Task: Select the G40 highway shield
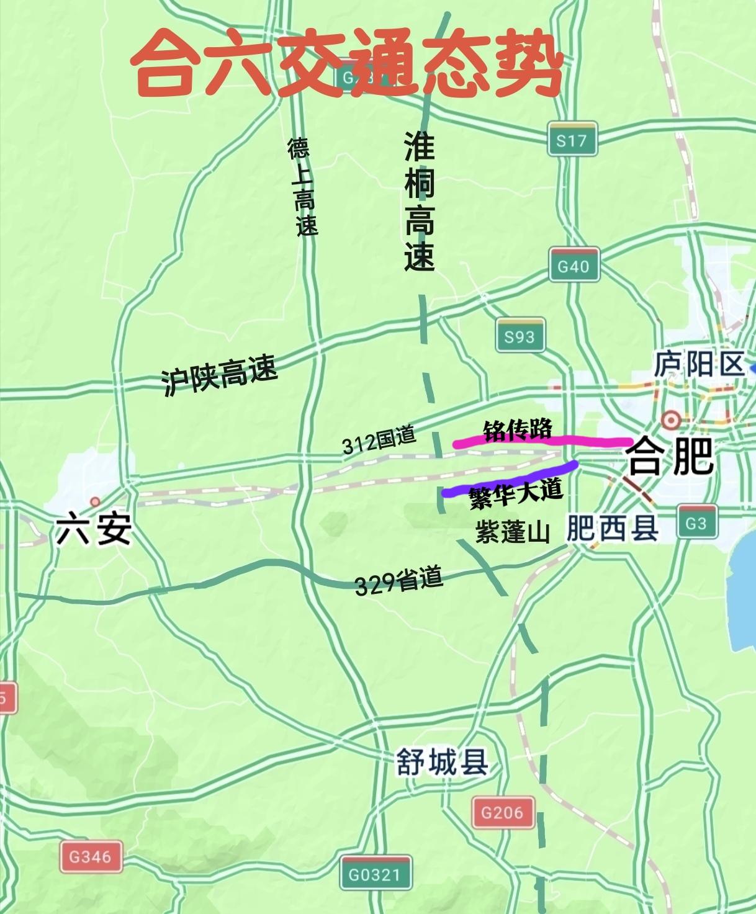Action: (574, 266)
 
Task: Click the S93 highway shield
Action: (520, 336)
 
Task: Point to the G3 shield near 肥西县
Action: (696, 522)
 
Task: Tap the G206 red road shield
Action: (502, 812)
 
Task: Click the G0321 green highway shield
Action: (375, 874)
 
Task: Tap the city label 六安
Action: (94, 531)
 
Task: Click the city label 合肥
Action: (671, 457)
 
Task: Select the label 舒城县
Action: (443, 763)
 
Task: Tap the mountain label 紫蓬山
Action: (513, 532)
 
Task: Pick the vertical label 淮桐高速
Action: (420, 201)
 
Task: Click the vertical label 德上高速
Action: (303, 187)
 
